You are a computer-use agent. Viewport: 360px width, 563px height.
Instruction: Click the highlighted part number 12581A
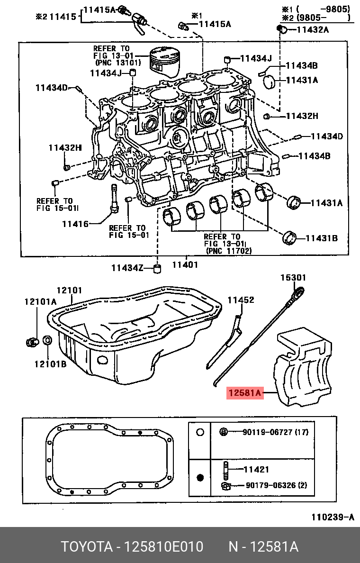point(244,393)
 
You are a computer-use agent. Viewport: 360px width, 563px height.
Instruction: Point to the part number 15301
point(293,278)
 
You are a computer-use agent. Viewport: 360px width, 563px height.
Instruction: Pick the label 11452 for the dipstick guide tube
point(241,300)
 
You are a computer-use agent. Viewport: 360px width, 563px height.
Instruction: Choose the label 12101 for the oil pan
point(70,290)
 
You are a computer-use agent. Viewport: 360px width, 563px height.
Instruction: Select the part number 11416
point(75,223)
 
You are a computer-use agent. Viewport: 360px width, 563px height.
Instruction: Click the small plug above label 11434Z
point(158,269)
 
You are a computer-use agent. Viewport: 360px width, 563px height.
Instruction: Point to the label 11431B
point(321,238)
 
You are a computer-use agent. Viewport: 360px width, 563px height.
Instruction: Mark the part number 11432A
point(312,29)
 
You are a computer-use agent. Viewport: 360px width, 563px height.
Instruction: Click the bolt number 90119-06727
point(268,432)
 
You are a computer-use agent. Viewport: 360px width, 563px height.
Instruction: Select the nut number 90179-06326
point(270,485)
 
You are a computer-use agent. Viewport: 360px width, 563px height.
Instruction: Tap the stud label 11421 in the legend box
point(256,470)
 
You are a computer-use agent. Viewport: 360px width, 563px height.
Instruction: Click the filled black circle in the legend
point(200,477)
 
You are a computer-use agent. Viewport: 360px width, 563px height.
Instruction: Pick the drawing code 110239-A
point(333,517)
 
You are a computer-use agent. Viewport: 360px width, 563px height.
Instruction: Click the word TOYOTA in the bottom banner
point(86,547)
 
